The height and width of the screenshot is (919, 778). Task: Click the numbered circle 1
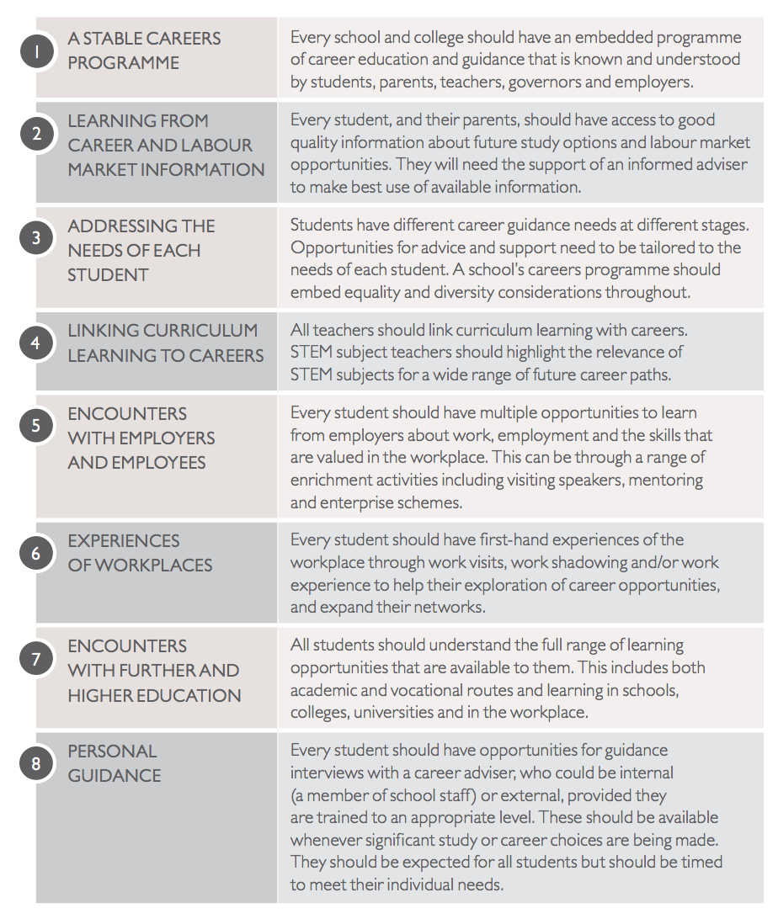pos(36,51)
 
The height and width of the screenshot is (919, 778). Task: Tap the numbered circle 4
pos(36,343)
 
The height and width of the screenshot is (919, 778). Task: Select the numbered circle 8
pos(36,763)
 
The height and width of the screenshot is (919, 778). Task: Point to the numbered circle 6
pos(36,554)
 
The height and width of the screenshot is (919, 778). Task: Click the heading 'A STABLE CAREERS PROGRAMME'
pos(144,50)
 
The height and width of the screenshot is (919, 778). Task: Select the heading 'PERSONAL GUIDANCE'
pos(114,763)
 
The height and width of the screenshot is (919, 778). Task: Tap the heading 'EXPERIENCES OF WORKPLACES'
pos(140,553)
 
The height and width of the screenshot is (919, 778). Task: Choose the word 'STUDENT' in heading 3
pos(108,274)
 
